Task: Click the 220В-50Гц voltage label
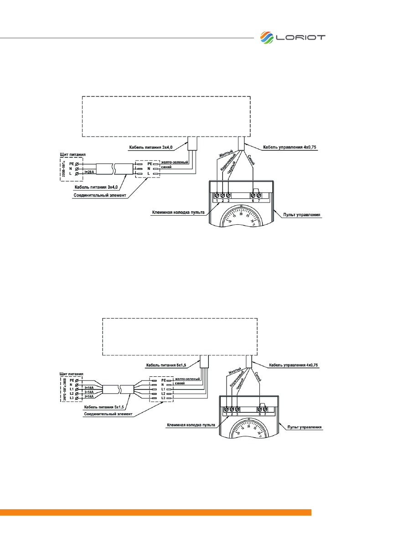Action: point(63,168)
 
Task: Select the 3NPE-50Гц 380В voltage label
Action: point(63,389)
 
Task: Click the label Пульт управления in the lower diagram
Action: point(305,427)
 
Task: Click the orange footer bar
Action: point(155,512)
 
